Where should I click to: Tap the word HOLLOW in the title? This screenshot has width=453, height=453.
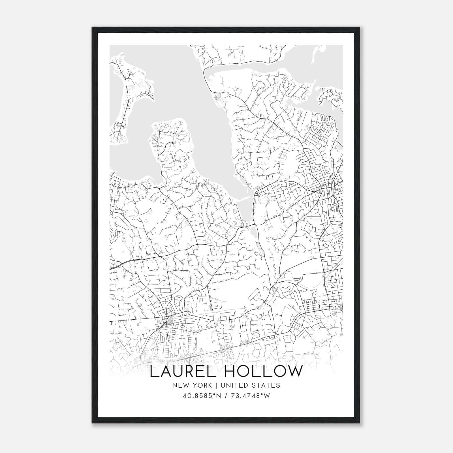(x=263, y=371)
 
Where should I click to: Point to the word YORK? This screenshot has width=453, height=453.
(x=201, y=385)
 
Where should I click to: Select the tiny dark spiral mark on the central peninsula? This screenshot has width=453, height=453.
(x=180, y=167)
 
